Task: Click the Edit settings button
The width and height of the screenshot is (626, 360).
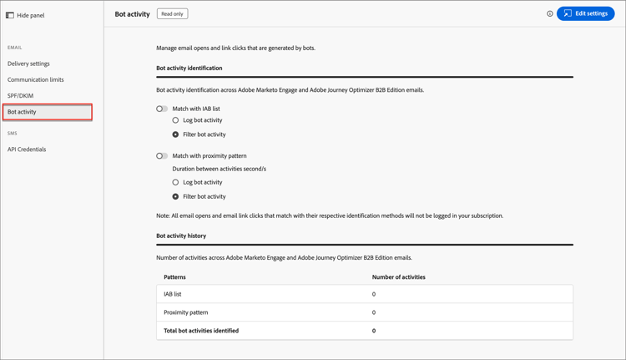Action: click(x=585, y=13)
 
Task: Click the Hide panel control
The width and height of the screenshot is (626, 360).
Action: click(x=25, y=15)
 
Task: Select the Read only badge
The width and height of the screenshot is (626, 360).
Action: click(x=172, y=14)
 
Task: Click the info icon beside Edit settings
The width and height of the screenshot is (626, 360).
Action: click(x=549, y=14)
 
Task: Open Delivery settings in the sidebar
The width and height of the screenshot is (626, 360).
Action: click(x=28, y=63)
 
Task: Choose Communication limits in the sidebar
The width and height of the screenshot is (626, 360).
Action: click(x=35, y=79)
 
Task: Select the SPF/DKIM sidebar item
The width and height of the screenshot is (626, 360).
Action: click(x=20, y=96)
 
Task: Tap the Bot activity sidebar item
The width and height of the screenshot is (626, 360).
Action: click(x=22, y=112)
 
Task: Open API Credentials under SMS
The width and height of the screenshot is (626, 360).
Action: click(x=27, y=150)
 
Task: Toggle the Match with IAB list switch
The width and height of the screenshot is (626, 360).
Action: click(x=162, y=109)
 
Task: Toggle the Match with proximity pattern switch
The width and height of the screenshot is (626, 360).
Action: click(x=162, y=156)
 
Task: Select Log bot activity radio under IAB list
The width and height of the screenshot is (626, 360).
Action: click(x=175, y=120)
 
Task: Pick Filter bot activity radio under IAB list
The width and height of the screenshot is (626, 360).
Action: click(x=175, y=134)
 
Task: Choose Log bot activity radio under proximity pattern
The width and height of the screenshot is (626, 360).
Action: click(x=175, y=182)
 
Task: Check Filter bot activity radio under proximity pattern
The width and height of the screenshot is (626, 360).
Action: click(x=175, y=197)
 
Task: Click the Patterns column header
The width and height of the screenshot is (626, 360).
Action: click(x=174, y=276)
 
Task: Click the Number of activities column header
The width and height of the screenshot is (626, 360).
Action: click(x=398, y=276)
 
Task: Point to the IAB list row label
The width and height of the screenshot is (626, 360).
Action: click(x=172, y=294)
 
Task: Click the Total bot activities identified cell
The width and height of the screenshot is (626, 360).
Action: click(x=201, y=331)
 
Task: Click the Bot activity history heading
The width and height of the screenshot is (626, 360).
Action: click(x=181, y=236)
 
